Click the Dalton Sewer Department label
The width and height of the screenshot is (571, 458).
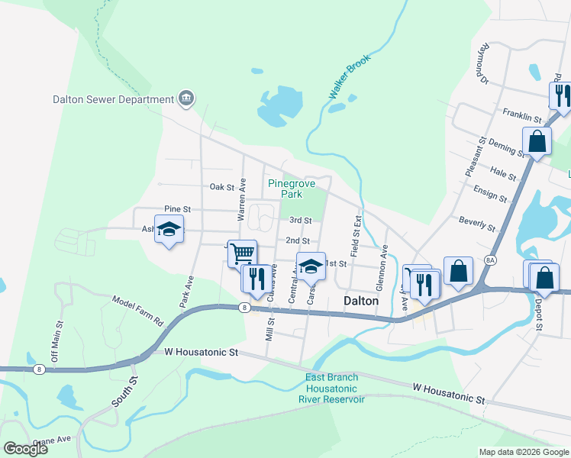(113, 99)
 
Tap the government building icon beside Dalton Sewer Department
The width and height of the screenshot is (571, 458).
(186, 98)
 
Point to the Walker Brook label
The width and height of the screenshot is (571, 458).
(349, 76)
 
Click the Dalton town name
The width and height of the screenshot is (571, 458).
(361, 301)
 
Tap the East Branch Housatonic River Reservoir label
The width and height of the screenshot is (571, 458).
(335, 389)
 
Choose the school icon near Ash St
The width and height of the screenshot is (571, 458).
(169, 228)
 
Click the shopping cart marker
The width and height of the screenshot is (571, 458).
(242, 252)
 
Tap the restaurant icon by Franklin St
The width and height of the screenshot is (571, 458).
(561, 95)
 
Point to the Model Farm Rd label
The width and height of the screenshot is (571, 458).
(137, 311)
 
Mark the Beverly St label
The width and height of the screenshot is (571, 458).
(477, 224)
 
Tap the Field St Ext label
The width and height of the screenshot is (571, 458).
(356, 226)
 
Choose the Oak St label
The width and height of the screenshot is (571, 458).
(221, 186)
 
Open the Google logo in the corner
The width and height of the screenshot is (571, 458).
(25, 449)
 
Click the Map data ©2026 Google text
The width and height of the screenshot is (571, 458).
(522, 452)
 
